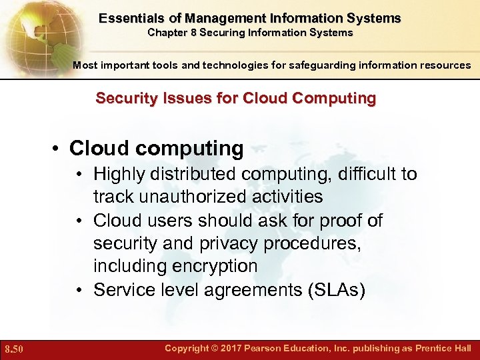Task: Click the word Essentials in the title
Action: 125,18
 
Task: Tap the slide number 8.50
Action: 14,349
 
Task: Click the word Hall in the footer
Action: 461,348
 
